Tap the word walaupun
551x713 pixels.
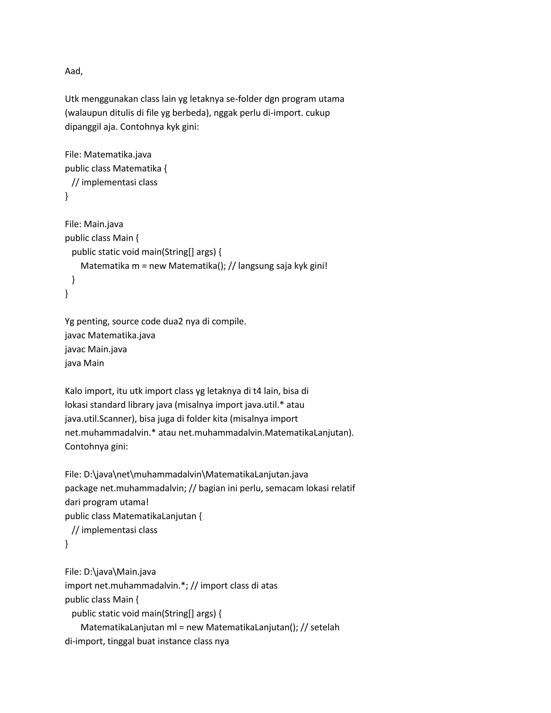pos(83,113)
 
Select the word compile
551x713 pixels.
pos(228,322)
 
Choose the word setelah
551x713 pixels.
pos(325,627)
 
